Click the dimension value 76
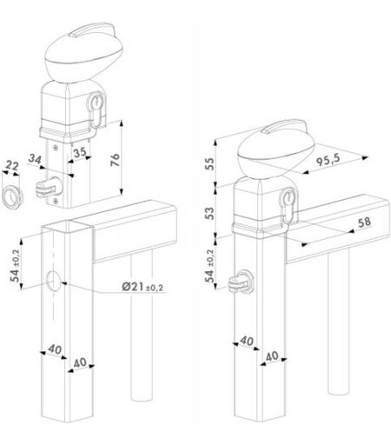coord(116,160)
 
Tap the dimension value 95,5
coord(328,160)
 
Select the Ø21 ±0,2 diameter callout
coord(142,287)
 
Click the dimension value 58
coord(365,222)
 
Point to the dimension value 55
coord(210,163)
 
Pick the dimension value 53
coord(210,213)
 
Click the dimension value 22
coord(12,166)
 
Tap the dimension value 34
coord(36,159)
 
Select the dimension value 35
coord(80,152)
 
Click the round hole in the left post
coord(54,281)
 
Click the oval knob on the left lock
coord(84,53)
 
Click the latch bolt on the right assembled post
coord(241,282)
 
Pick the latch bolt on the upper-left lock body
coord(49,188)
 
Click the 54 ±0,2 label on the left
coord(15,266)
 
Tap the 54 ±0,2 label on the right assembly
coord(209,266)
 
